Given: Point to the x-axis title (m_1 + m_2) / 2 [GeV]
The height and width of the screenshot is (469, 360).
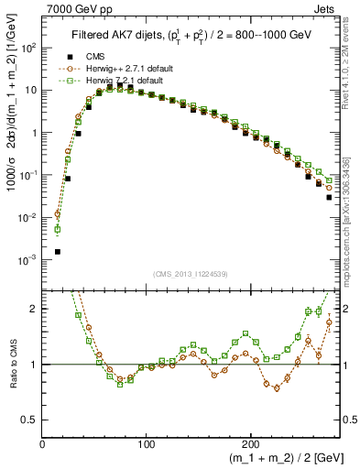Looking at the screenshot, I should tap(274, 457).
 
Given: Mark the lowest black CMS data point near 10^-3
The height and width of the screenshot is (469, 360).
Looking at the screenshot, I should tap(58, 251).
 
